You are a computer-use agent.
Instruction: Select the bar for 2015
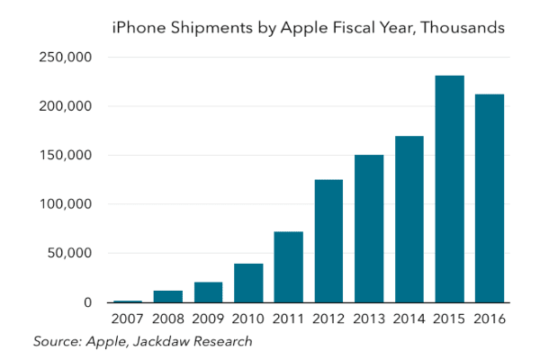coord(450,189)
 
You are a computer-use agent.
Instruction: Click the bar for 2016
coord(490,198)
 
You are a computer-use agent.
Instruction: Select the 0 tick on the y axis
coord(88,302)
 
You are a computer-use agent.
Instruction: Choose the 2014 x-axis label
coord(409,319)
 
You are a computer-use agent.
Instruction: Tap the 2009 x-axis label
coord(209,319)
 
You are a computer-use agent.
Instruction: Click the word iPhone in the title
coord(135,28)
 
